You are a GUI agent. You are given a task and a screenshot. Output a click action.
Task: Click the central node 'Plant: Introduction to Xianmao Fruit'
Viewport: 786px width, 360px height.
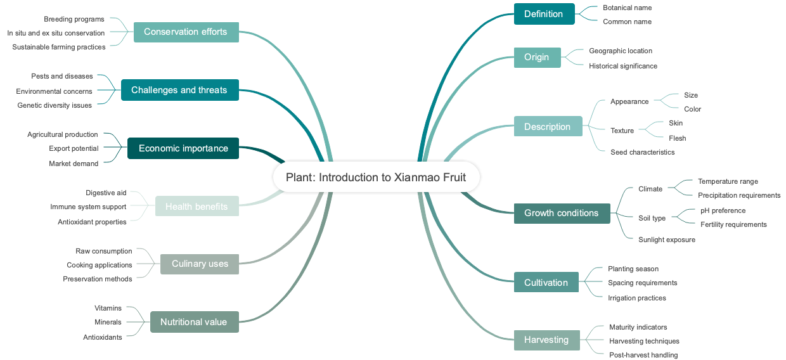click(376, 177)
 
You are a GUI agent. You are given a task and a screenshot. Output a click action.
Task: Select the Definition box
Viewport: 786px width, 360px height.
click(544, 14)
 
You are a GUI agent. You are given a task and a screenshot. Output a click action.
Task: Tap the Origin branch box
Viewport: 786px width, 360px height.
click(537, 57)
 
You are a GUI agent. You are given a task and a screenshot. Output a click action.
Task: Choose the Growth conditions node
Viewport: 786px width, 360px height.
click(562, 213)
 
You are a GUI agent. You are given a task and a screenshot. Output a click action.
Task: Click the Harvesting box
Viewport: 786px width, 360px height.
click(546, 340)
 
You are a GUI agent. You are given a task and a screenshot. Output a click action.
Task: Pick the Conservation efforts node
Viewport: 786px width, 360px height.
click(186, 32)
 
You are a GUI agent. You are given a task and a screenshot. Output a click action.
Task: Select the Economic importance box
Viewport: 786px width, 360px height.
click(183, 148)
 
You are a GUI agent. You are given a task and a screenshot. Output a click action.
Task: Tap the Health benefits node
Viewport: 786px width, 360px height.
click(196, 207)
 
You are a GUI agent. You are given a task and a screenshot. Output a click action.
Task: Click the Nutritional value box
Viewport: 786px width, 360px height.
click(193, 322)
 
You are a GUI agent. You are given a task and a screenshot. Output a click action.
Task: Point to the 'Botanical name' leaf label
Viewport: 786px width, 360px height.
click(627, 8)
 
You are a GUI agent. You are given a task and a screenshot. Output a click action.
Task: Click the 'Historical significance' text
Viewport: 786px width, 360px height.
click(623, 66)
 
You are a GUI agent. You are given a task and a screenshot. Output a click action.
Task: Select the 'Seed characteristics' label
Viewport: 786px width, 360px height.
click(642, 152)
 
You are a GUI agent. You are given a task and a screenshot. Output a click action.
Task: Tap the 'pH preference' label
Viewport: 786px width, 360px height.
click(723, 210)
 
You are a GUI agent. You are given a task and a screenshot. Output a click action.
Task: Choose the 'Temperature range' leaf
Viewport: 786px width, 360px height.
click(728, 181)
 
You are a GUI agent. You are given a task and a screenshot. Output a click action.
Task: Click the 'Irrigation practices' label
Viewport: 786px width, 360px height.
click(637, 298)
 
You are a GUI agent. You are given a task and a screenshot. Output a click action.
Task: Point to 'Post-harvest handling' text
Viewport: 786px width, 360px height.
click(643, 355)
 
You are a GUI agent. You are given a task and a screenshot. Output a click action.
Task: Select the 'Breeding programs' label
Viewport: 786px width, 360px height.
click(74, 19)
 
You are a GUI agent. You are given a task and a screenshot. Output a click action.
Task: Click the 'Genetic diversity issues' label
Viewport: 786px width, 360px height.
click(55, 105)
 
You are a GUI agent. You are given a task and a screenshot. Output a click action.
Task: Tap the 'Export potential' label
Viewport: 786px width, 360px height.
click(74, 148)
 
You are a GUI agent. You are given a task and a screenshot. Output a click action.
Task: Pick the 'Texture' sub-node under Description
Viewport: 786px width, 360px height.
click(622, 131)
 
